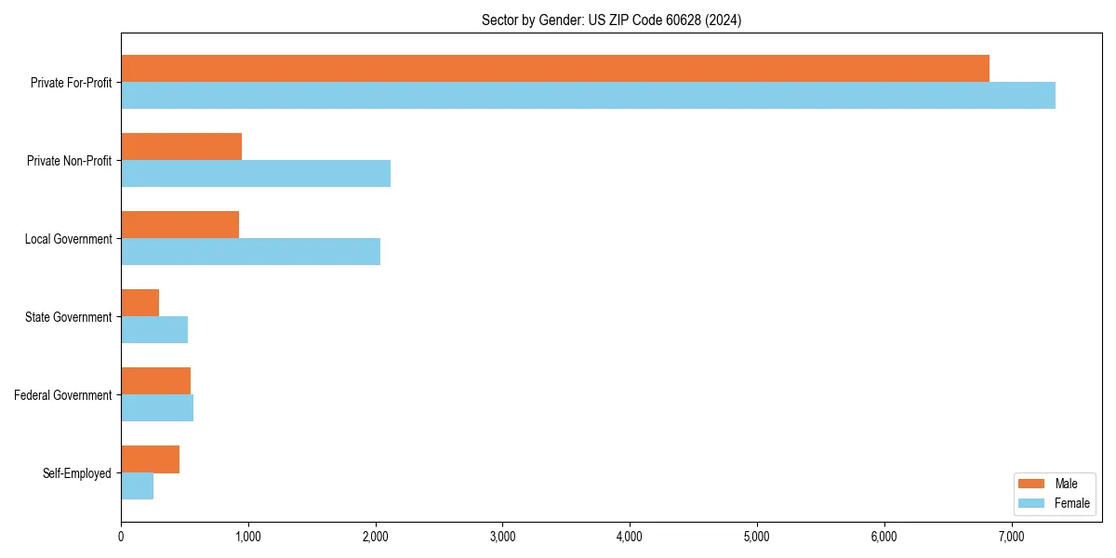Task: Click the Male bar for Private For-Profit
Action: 555,69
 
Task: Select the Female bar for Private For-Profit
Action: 588,96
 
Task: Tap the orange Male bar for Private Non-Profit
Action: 181,147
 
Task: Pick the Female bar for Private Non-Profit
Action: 256,174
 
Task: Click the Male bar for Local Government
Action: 179,225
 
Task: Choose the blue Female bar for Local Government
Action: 250,252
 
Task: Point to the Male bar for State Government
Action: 139,303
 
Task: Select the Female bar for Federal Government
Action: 157,408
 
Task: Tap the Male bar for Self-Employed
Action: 150,459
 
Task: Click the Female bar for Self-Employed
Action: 137,486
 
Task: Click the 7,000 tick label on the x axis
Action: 1011,537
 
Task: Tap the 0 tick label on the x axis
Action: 121,537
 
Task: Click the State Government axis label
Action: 68,317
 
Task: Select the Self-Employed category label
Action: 76,473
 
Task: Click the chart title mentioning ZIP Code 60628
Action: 611,20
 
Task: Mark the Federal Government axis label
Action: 62,395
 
